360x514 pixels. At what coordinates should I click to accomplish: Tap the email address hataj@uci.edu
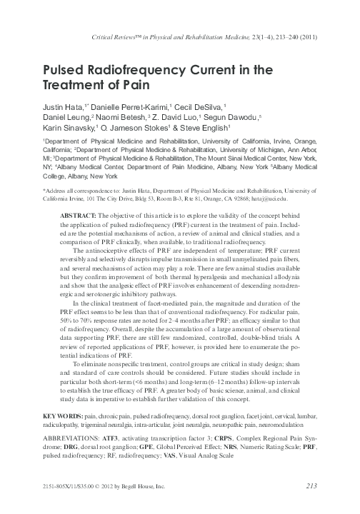[x=291, y=199]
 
